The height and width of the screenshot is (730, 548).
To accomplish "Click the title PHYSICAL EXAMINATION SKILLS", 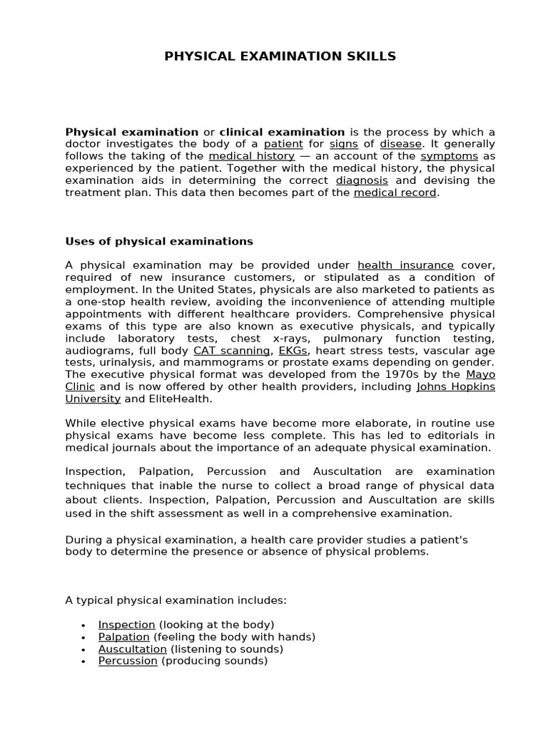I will point(280,56).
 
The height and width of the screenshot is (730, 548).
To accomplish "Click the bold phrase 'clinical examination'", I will point(282,132).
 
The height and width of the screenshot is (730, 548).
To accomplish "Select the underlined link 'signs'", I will point(343,144).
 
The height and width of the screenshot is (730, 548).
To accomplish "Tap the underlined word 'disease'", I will point(400,144).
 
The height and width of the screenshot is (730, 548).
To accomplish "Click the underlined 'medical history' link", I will point(251,156).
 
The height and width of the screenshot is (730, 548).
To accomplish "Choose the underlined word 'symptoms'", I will point(449,156).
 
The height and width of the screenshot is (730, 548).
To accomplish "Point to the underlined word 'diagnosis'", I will point(362,180).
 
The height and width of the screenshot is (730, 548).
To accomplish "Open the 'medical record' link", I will point(395,192).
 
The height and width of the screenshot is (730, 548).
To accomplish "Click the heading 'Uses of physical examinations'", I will point(159,241).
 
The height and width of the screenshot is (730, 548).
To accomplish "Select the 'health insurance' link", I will point(405,265).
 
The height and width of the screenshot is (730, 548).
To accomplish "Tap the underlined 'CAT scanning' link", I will point(232,350).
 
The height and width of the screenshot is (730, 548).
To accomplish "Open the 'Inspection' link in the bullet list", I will point(126,624).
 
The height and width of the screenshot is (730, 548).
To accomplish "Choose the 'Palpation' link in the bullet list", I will point(124,637).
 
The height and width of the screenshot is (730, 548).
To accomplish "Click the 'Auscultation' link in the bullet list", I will point(133,649).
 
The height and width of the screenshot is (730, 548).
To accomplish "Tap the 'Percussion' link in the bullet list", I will point(128,661).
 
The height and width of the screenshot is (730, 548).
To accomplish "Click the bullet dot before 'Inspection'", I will point(83,625).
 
